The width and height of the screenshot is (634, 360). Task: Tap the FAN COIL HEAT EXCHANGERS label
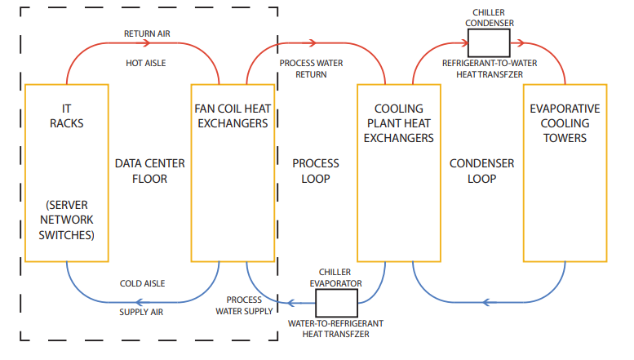coord(231,116)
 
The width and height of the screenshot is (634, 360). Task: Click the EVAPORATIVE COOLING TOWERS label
coord(565,123)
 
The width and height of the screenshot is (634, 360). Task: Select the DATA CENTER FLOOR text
coord(150,171)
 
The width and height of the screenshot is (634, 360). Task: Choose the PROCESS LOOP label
coord(316,171)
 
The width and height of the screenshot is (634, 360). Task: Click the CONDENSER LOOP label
coord(481,171)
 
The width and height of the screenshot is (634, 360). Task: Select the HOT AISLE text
coord(147,62)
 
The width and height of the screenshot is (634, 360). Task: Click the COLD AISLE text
coord(143,283)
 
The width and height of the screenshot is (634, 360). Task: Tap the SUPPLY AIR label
coord(143,311)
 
